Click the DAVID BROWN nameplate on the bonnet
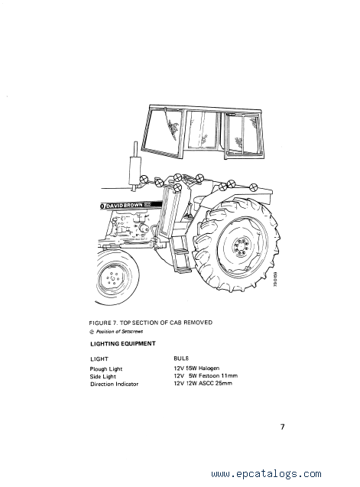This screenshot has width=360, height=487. point(131,206)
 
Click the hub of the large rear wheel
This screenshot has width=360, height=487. point(240,247)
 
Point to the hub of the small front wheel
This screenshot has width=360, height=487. point(112,279)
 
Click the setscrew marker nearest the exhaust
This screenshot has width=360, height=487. point(144,180)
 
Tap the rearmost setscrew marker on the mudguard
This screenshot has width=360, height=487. point(254,187)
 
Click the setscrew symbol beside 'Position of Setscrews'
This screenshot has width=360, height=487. point(91,332)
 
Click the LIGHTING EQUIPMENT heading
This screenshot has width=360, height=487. point(123,343)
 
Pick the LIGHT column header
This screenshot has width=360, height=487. point(99,359)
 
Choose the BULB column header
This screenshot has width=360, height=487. point(181,359)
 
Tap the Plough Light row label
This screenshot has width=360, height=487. point(106,369)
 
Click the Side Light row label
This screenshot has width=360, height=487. point(103,376)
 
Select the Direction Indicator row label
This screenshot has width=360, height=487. point(114,385)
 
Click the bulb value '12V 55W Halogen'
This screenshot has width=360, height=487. point(196,368)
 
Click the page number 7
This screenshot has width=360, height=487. point(282,427)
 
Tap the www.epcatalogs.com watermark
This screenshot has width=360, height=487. point(266,474)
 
